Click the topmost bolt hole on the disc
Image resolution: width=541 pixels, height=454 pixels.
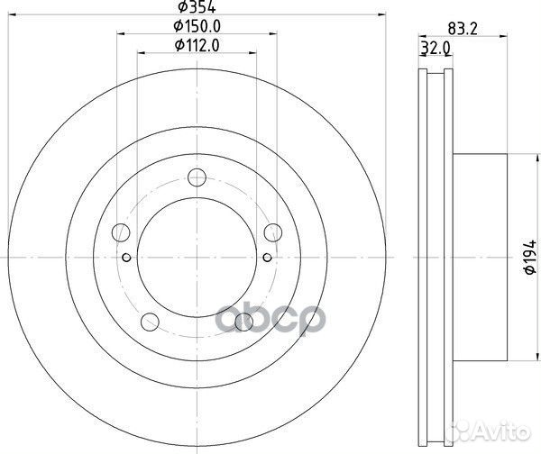point(197,179)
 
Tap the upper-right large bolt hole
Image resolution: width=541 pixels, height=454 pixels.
point(272,233)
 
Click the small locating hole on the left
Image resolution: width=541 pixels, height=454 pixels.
point(126,259)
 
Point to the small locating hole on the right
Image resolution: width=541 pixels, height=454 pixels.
point(267,259)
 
